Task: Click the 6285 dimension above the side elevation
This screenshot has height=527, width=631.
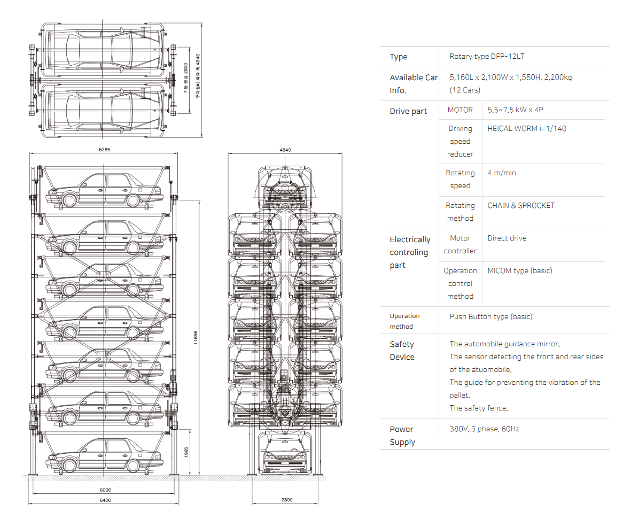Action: pos(104,150)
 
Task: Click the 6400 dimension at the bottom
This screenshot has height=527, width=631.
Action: pos(105,500)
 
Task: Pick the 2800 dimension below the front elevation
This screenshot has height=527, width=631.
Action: pos(286,500)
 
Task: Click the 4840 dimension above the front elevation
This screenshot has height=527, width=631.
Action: pos(285,150)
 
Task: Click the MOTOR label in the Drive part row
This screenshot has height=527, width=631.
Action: pos(460,110)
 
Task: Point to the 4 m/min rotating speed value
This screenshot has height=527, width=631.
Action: pos(502,173)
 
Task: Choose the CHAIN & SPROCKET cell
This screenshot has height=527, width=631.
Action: pos(521,205)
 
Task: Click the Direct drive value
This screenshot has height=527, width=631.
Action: pos(507,238)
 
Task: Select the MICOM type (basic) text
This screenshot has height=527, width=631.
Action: pos(520,270)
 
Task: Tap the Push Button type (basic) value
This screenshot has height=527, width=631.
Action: pos(490,316)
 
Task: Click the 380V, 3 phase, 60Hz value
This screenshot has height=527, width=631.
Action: pos(484,429)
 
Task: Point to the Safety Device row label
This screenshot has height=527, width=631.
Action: pos(402,351)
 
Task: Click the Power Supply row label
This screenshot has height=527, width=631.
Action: pos(402,436)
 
